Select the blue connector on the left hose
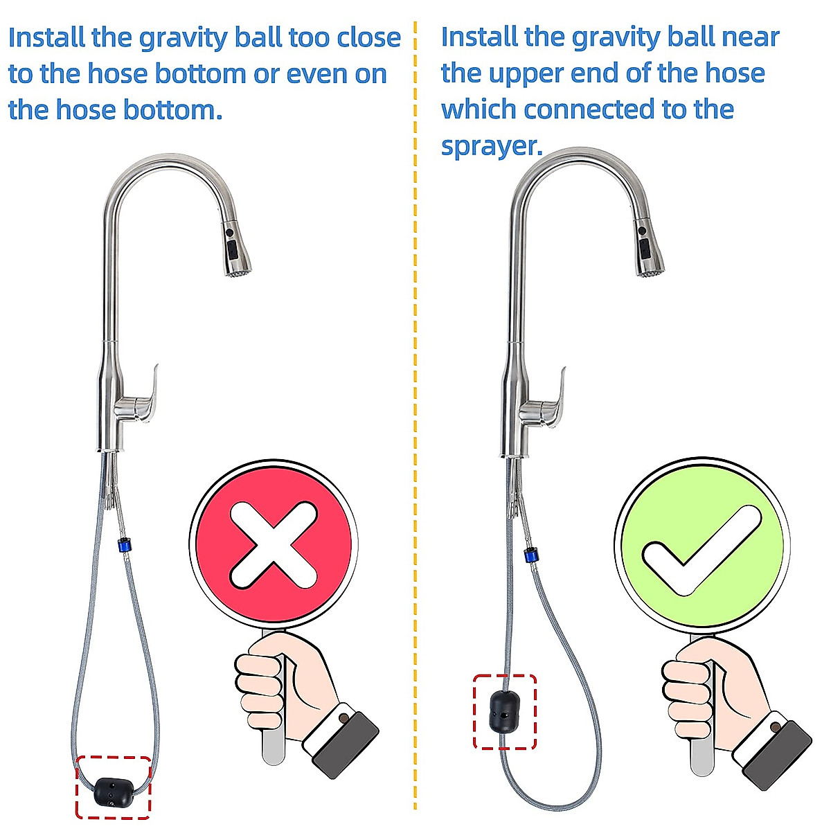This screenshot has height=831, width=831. (x=124, y=545)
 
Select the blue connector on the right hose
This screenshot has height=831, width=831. (x=530, y=555)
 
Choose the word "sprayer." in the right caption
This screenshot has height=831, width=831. (x=492, y=145)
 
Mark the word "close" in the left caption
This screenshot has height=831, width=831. (x=368, y=37)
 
